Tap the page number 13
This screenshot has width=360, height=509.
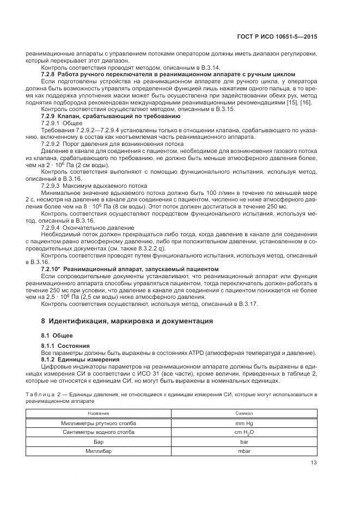coord(313,463)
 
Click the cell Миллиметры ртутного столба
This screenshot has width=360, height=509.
coord(99,423)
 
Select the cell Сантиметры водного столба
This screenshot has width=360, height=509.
coord(99,432)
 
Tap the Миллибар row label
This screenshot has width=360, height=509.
coord(99,451)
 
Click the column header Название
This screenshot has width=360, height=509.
coord(99,414)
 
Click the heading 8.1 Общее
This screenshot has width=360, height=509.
coord(57,335)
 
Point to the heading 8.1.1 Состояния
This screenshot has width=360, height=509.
coord(66,346)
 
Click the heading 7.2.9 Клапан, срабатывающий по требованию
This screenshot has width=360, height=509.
coord(111,116)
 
